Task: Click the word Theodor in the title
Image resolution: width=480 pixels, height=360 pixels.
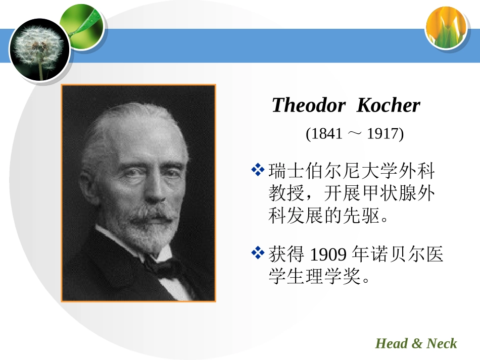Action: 308,105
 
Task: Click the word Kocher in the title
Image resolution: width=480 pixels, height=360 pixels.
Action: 388,105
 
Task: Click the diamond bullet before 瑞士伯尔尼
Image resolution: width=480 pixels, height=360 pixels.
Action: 259,170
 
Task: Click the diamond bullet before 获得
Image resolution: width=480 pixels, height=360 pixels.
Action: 259,252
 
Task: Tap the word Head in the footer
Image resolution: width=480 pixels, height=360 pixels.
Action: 391,344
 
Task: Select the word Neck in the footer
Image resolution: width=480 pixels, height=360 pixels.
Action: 442,344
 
